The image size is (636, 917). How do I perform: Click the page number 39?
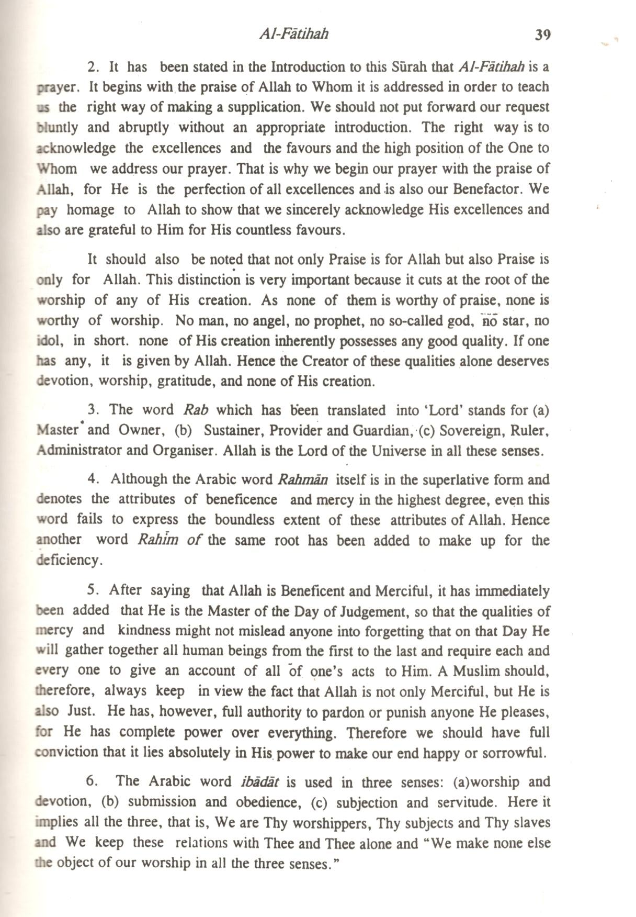(542, 35)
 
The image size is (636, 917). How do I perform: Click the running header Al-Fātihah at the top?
(294, 35)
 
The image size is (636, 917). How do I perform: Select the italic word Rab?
(197, 410)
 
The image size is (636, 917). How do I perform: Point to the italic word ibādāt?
(260, 782)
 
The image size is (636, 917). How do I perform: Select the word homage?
(90, 210)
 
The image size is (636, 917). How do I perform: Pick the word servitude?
(470, 802)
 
